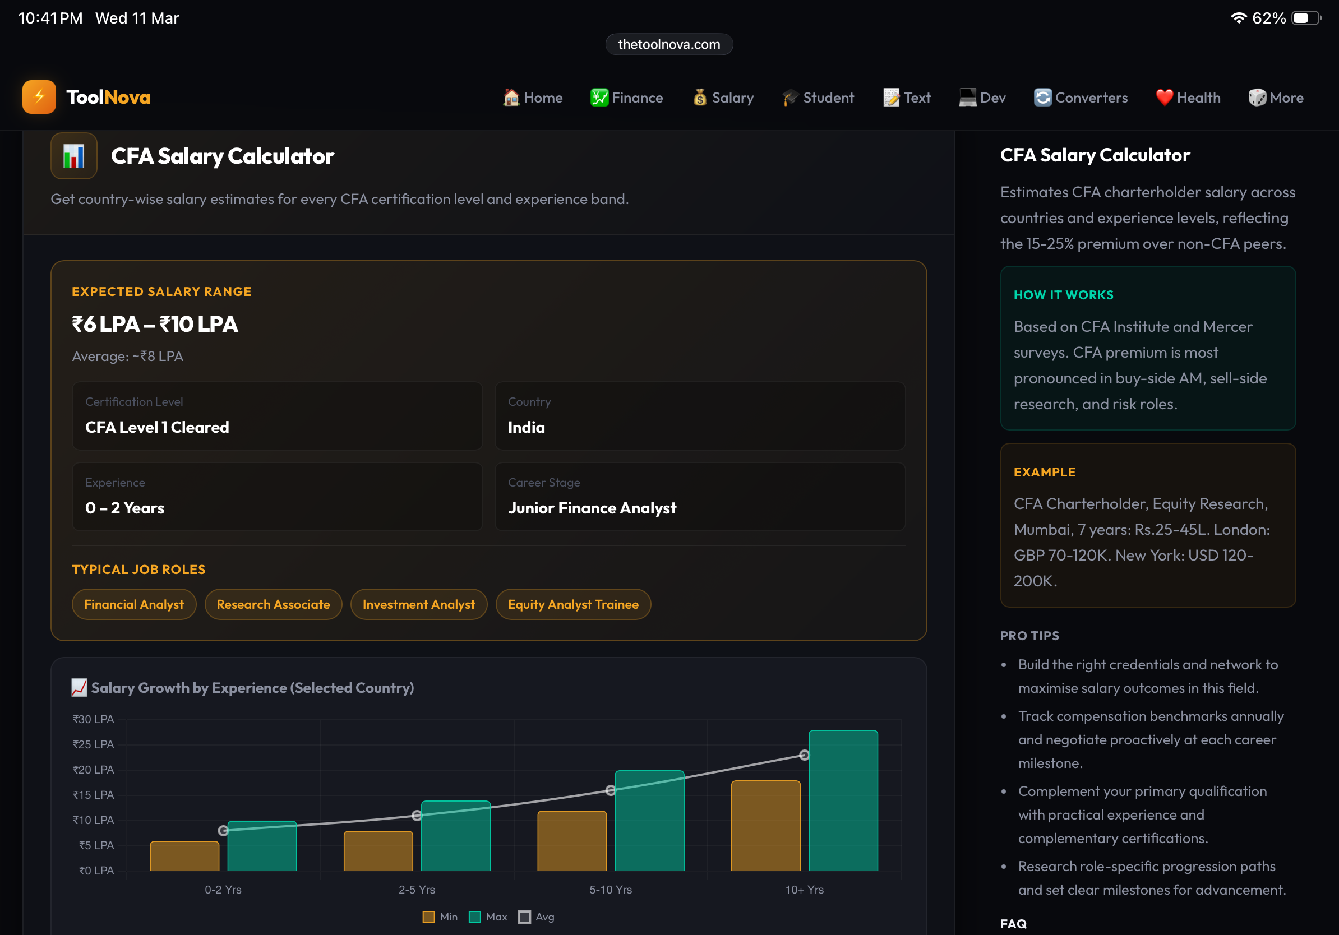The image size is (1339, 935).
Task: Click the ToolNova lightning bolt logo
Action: tap(39, 97)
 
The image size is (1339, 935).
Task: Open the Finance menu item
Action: tap(626, 98)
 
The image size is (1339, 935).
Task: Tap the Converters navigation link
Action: tap(1081, 98)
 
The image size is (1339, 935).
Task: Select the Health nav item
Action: tap(1188, 98)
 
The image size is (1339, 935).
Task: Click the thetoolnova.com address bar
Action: tap(669, 44)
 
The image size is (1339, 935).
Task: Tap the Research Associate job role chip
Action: tap(273, 604)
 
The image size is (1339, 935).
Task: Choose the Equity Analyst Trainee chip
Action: tap(572, 604)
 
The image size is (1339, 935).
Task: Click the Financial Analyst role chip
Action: tap(133, 604)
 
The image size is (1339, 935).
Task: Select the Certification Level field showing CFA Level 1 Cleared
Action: tap(277, 415)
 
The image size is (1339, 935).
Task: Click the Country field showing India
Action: tap(700, 415)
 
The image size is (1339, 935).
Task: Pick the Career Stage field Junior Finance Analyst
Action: tap(700, 497)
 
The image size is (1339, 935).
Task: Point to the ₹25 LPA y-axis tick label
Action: tap(93, 744)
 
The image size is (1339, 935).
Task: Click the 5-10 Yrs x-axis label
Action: tap(611, 890)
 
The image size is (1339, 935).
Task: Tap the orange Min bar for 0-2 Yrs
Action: tap(184, 856)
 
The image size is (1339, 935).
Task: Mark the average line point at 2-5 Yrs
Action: tap(417, 816)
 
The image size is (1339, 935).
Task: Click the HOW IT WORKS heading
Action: tap(1063, 295)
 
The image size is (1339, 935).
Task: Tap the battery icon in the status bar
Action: tap(1305, 18)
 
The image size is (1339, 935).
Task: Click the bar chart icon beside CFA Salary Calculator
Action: tap(74, 156)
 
